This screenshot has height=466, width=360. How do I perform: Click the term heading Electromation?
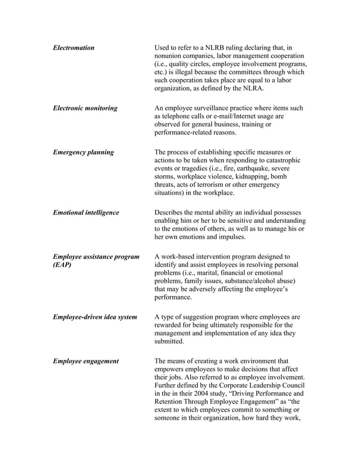[x=73, y=48]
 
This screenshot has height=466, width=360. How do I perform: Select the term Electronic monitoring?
[x=85, y=108]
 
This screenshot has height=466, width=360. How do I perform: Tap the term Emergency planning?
[x=83, y=152]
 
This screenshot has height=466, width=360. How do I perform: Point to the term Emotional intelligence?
[x=86, y=213]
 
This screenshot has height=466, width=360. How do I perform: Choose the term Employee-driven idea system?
[x=95, y=317]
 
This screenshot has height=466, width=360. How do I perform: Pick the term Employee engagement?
[x=86, y=361]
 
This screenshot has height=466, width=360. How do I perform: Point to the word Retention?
[x=170, y=402]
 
